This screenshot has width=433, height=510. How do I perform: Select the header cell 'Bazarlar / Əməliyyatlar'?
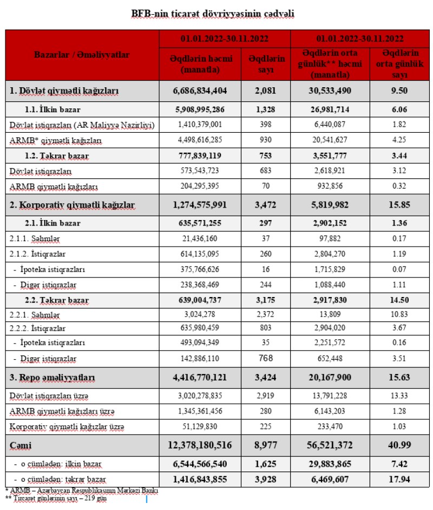click(82, 55)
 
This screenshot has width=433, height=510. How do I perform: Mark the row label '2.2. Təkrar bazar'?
click(58, 300)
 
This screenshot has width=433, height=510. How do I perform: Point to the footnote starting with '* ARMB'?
click(81, 490)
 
